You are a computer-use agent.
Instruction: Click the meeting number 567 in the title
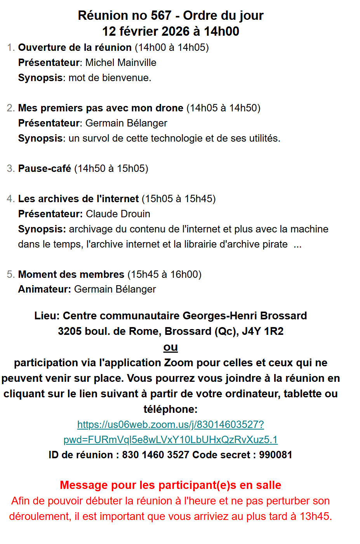[161, 16]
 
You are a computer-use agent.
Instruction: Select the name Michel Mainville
[121, 62]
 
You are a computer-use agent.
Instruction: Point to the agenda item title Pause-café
[45, 168]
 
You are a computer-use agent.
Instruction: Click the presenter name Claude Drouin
[118, 214]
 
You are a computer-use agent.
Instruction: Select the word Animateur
[43, 289]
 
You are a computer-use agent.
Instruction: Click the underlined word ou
[170, 347]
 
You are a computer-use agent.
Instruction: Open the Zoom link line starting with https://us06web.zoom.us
[170, 424]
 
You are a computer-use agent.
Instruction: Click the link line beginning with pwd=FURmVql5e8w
[170, 440]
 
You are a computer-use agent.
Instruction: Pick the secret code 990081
[276, 455]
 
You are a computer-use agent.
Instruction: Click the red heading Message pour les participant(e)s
[170, 485]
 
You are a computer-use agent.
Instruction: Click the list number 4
[10, 199]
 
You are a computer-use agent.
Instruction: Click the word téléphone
[169, 409]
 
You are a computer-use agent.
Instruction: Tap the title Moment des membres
[71, 274]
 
